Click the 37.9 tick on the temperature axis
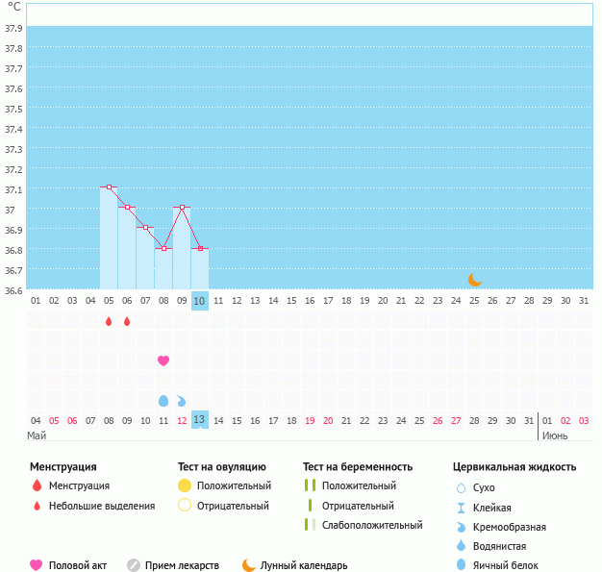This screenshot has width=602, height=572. click(x=13, y=29)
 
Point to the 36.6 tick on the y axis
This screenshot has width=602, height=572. click(x=13, y=290)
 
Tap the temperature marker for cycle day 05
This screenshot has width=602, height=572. click(x=109, y=187)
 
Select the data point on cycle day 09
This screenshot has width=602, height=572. click(x=182, y=208)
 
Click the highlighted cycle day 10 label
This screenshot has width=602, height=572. click(x=200, y=301)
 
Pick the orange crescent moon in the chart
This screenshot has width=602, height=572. click(x=474, y=280)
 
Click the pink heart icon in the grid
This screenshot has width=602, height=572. click(x=163, y=361)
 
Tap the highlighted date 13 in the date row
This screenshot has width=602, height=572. click(x=200, y=419)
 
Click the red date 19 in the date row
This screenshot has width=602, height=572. click(x=310, y=420)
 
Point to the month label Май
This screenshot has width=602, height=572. click(x=37, y=435)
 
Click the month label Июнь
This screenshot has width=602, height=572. click(x=555, y=435)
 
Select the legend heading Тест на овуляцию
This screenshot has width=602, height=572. click(x=221, y=467)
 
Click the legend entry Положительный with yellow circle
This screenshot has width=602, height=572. click(x=234, y=486)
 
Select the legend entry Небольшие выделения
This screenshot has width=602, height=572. click(x=101, y=506)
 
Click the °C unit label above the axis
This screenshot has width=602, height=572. click(x=14, y=8)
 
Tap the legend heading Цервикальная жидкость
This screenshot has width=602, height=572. click(x=514, y=467)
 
